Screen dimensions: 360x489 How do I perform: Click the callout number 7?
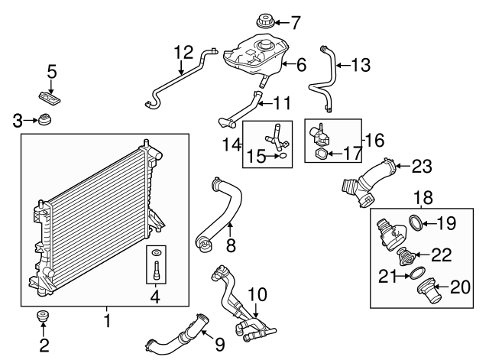point(296,21)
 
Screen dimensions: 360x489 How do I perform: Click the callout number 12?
point(183,53)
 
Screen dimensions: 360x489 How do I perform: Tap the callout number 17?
point(352,154)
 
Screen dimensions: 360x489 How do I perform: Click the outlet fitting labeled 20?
point(423,288)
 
